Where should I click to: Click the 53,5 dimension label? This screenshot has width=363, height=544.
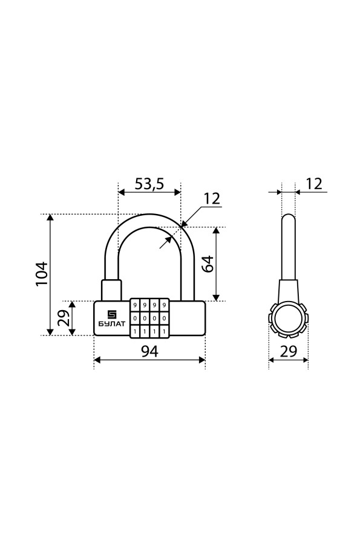[x=149, y=184]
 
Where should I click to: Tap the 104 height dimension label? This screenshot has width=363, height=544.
[x=42, y=274]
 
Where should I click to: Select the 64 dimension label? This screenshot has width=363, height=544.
[x=208, y=264]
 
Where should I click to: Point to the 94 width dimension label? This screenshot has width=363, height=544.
[x=149, y=351]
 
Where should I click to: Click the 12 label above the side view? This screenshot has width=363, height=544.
[x=313, y=184]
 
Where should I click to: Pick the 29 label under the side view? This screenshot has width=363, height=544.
[x=289, y=351]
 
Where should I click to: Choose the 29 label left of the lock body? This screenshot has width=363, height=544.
[x=64, y=317]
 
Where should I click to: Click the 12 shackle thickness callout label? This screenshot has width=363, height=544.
[x=212, y=198]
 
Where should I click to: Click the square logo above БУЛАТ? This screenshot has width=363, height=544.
[x=111, y=314]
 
